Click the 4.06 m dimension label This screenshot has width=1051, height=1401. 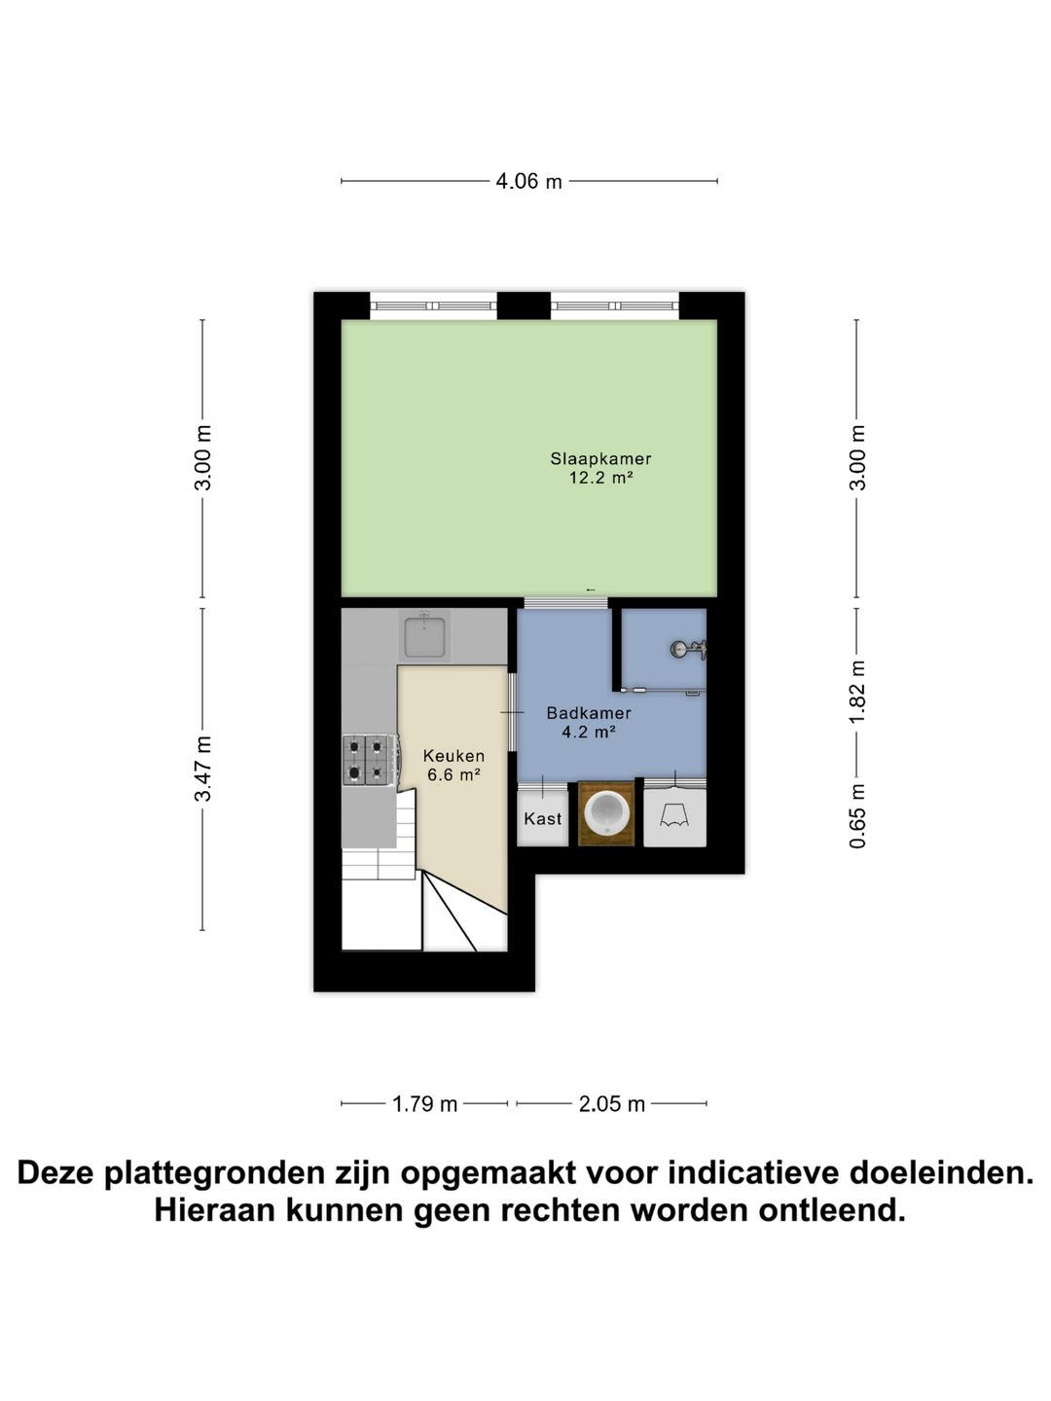tap(528, 181)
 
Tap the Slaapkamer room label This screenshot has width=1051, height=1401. tap(600, 458)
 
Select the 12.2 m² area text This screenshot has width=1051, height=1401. tap(600, 478)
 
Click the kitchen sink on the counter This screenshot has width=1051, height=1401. tap(424, 636)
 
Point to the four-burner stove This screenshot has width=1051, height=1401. tap(368, 759)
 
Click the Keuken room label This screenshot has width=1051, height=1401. tap(453, 756)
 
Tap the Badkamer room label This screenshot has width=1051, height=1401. tap(588, 713)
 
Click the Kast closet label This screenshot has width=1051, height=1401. tap(542, 818)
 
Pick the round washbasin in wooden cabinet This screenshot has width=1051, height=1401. tap(606, 813)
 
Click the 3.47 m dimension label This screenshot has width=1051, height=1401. tap(203, 769)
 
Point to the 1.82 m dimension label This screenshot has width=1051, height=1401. tap(857, 692)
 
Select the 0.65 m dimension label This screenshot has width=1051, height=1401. tap(857, 816)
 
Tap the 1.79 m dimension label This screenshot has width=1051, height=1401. tap(424, 1104)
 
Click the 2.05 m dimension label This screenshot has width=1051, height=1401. tap(611, 1104)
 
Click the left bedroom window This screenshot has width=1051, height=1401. tap(433, 305)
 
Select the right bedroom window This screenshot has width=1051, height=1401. tap(614, 305)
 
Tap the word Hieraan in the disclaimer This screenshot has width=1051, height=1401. tap(209, 1211)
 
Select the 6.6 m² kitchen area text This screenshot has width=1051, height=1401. tap(453, 775)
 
